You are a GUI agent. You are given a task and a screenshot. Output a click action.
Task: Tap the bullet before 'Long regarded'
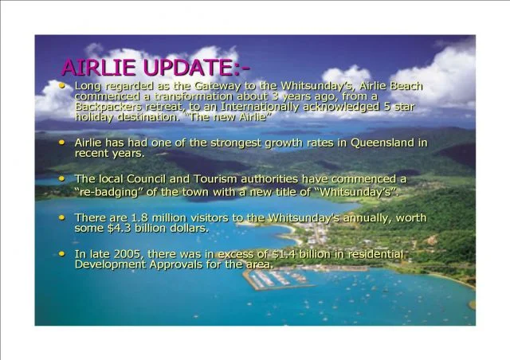coord(64,84)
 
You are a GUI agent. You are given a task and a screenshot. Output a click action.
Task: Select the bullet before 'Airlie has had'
coord(64,141)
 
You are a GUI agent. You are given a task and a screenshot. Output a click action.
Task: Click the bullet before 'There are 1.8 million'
coord(64,216)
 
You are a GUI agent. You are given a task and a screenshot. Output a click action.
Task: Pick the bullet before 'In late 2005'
coord(64,252)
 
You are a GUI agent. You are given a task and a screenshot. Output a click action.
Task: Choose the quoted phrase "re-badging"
coord(108,192)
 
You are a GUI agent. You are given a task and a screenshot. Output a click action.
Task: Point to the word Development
coord(111,264)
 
